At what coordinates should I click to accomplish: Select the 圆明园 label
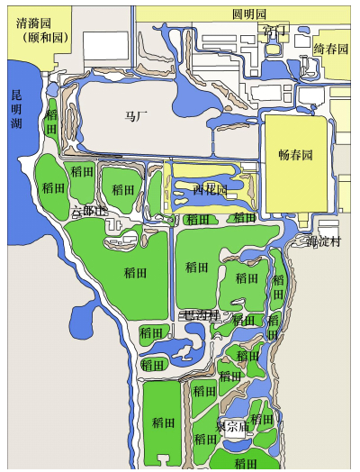click(248, 14)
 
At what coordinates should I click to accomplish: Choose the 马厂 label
click(135, 116)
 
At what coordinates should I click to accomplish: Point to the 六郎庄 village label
click(89, 211)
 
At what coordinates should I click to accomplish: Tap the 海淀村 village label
click(321, 241)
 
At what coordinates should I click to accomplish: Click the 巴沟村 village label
click(200, 315)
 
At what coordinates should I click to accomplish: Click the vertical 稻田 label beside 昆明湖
click(52, 123)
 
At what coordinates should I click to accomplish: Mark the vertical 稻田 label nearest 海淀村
click(279, 288)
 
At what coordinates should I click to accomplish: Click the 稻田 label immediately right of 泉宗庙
click(262, 419)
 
